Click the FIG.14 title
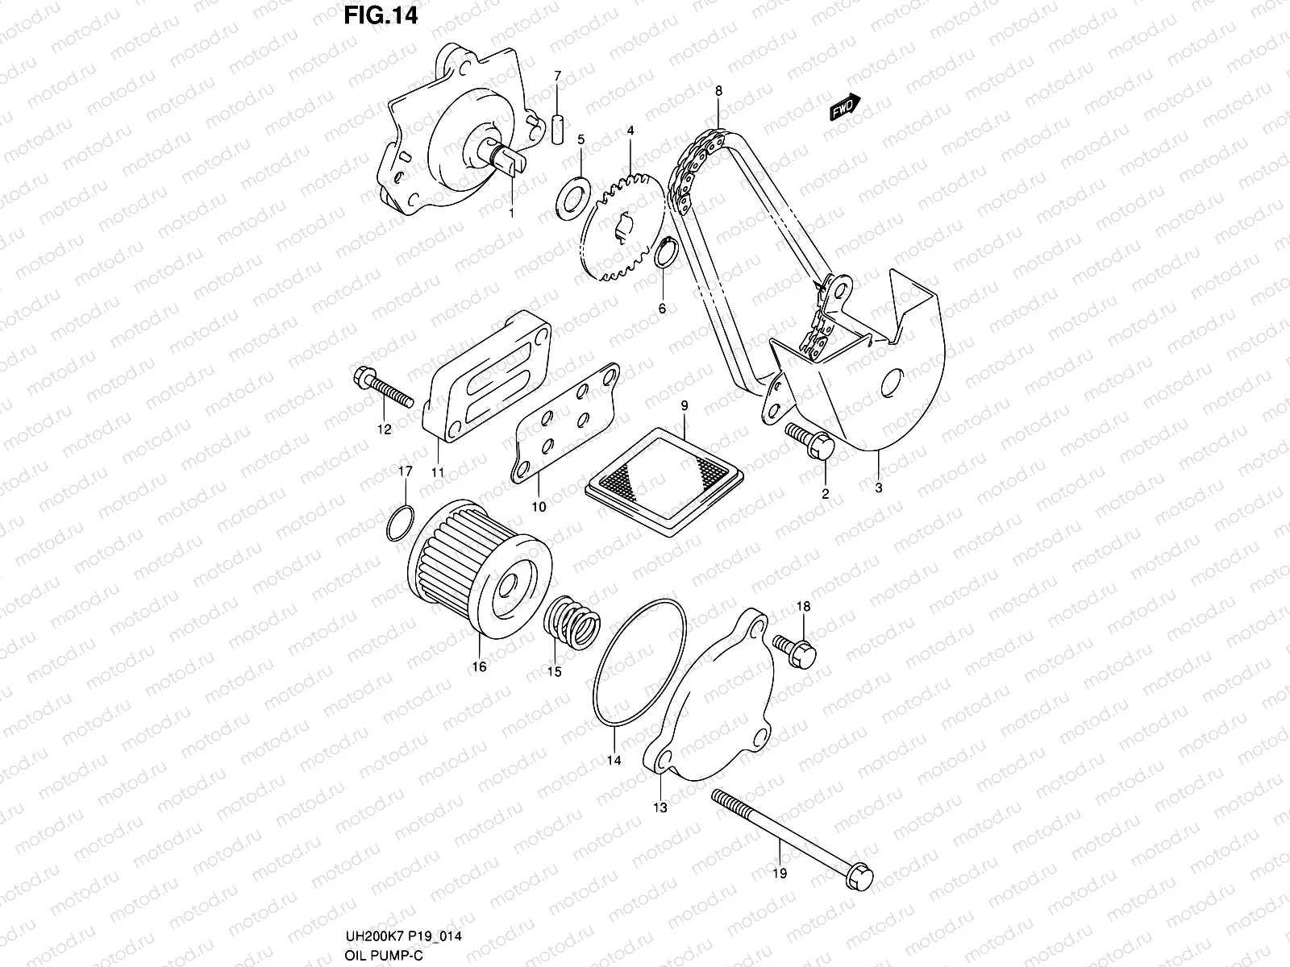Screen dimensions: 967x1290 point(381,17)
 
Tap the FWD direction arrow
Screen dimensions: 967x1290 point(845,106)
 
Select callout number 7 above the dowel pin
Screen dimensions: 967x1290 point(556,76)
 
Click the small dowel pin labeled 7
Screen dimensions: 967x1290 point(557,130)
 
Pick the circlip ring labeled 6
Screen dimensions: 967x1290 point(664,255)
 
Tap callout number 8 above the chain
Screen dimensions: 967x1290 point(718,90)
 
